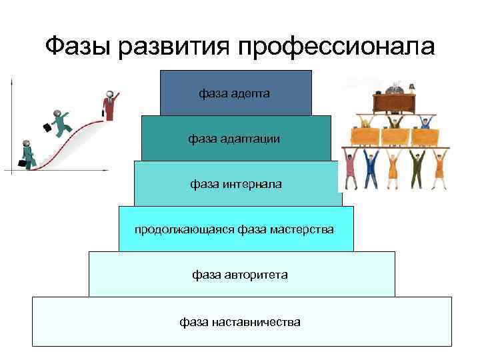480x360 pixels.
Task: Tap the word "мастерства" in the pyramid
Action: (302, 229)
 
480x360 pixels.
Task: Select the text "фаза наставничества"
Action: (240, 322)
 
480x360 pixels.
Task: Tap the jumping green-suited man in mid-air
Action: (61, 123)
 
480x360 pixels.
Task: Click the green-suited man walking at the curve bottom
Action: (27, 155)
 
